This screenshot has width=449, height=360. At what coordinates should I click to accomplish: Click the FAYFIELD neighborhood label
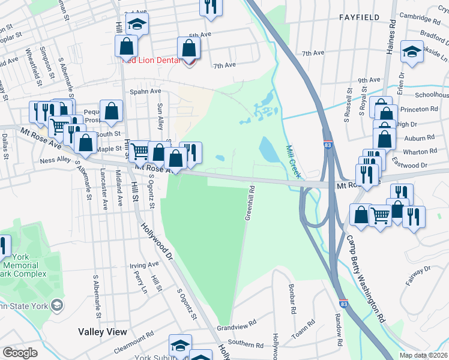pos(358,17)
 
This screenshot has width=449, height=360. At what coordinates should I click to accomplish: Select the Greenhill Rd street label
pos(249,204)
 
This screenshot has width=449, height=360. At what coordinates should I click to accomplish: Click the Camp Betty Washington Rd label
pos(364,276)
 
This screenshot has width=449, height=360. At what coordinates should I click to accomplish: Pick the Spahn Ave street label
pos(146,91)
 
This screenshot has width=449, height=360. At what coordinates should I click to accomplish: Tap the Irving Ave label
pos(144,265)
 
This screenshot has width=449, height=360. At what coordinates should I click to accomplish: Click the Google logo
pos(20,353)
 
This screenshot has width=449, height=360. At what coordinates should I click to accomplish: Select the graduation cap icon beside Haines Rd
pos(412,52)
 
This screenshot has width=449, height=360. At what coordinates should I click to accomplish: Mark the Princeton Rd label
pos(420,109)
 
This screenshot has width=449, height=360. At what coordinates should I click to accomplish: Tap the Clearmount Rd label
pos(134,346)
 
